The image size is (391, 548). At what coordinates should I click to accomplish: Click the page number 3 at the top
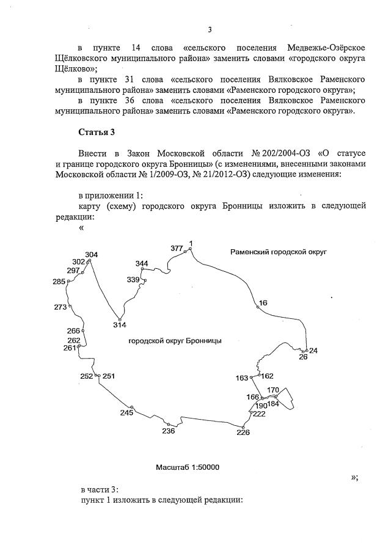point(210,29)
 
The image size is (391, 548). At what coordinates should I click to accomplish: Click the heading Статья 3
point(97,132)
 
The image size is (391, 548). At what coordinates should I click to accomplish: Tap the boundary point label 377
point(177,248)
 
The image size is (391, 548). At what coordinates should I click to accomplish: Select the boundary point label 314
point(120,324)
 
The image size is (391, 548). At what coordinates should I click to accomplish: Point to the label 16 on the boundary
point(263,302)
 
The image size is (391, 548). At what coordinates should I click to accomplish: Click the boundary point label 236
point(169,431)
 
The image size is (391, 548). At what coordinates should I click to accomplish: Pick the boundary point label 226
point(243,433)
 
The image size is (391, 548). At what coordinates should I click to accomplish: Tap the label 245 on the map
point(126,413)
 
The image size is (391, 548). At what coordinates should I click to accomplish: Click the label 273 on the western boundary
point(60,307)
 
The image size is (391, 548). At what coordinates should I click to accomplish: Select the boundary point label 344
point(142,263)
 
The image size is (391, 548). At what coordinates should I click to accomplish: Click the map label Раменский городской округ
point(279,252)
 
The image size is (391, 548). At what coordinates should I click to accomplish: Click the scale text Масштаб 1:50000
point(188,467)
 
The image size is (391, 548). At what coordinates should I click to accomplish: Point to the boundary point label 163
point(242,378)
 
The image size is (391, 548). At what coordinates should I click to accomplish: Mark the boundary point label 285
point(59,282)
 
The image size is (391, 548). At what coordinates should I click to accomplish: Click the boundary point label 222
point(259,414)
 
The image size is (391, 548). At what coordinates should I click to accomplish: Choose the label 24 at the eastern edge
point(313,351)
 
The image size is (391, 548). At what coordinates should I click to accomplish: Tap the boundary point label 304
point(91,255)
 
